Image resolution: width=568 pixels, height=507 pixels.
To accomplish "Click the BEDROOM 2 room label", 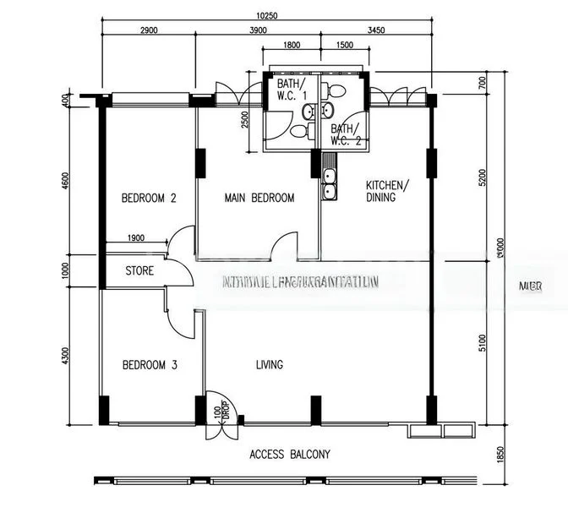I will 149,199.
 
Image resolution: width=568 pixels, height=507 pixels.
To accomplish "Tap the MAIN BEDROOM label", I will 259,199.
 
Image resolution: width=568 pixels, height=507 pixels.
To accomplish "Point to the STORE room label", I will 139,272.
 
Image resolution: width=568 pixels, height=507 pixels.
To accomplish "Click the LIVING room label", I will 270,365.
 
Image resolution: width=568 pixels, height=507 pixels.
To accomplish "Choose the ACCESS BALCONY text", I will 290,455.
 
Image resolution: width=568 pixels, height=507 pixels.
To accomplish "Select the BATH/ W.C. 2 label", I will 346,135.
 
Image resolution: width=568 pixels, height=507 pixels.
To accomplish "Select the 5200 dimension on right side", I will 483,177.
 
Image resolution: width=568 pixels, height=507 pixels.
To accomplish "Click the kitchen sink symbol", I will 330,185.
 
